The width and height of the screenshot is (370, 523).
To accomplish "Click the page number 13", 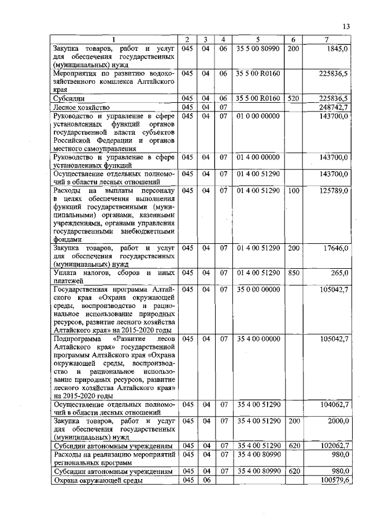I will [x=346, y=26].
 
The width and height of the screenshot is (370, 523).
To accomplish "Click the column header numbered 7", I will [x=327, y=39].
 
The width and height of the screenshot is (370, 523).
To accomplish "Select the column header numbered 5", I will [x=258, y=39].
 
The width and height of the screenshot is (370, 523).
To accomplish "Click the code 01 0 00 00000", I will [x=258, y=116].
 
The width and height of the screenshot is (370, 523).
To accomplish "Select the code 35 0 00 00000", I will [x=258, y=289].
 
